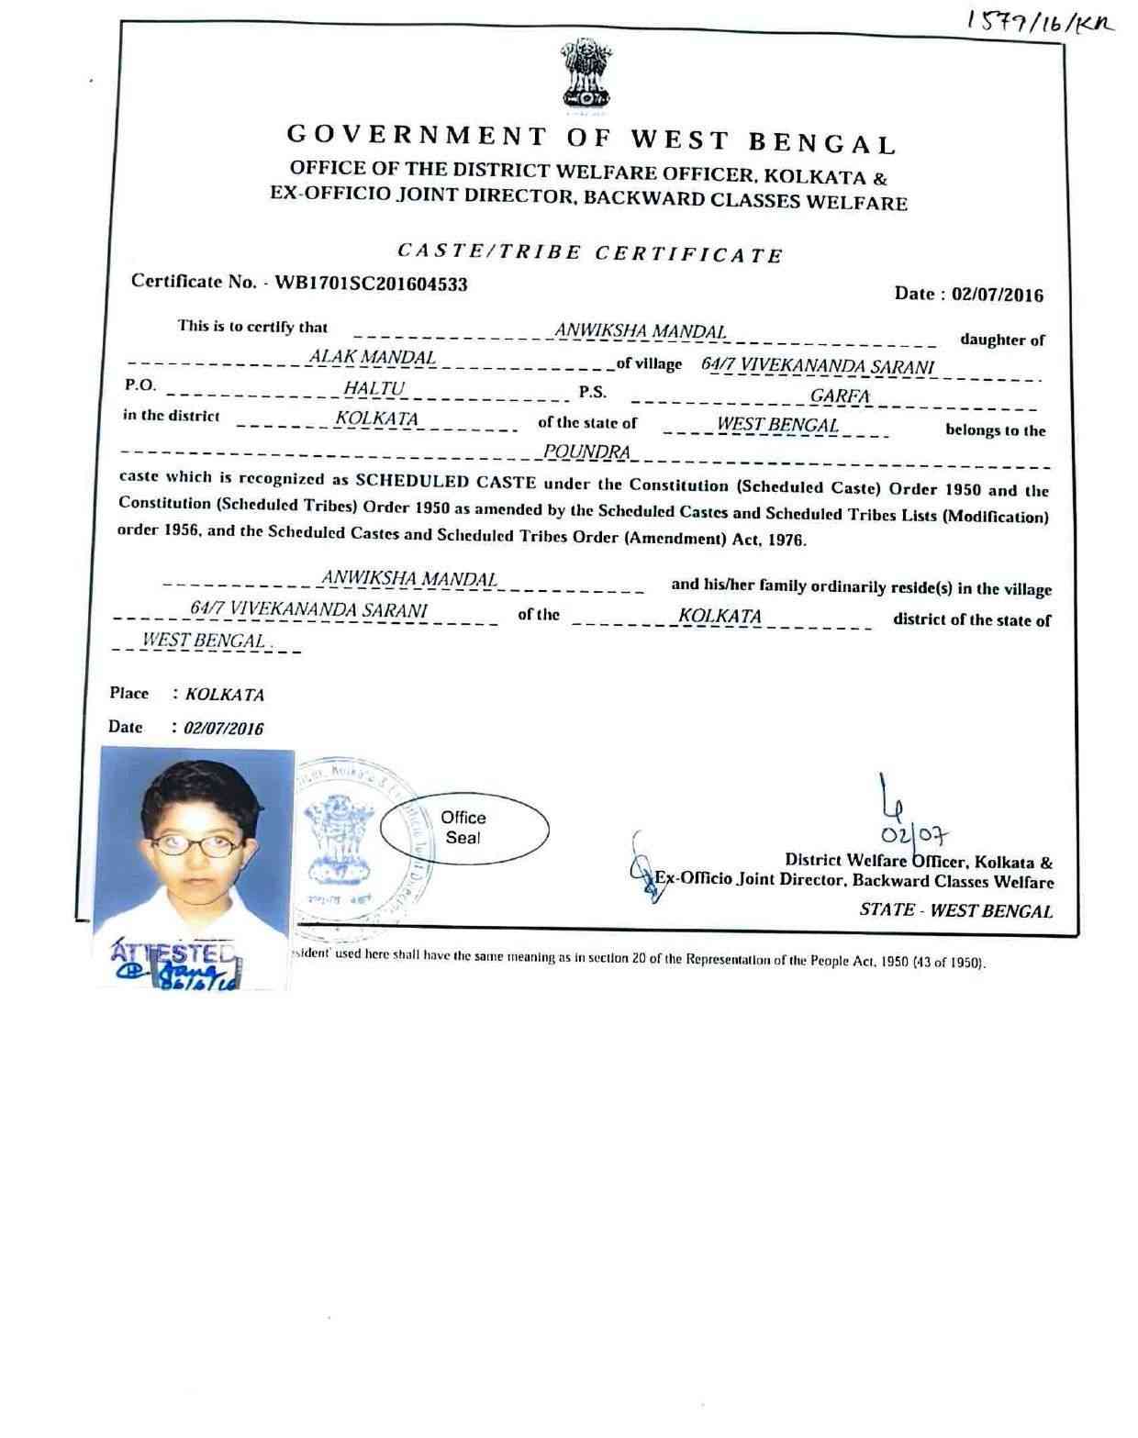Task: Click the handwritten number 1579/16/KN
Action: pos(1039,23)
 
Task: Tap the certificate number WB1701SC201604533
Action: pos(371,284)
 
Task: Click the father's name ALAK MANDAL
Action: pos(372,357)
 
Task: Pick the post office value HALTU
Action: pos(374,389)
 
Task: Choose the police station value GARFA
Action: pos(839,396)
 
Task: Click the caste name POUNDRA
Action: pos(586,451)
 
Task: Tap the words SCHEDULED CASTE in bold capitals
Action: pos(445,481)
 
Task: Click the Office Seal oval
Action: pos(463,828)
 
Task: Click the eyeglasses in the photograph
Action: pos(196,844)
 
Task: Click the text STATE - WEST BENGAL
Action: pos(955,910)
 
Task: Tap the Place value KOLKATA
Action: pos(224,695)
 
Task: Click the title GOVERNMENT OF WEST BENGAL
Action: pos(591,139)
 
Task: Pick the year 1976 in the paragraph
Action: pos(787,541)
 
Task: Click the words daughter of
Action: pos(1002,340)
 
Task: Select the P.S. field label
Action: pos(592,393)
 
